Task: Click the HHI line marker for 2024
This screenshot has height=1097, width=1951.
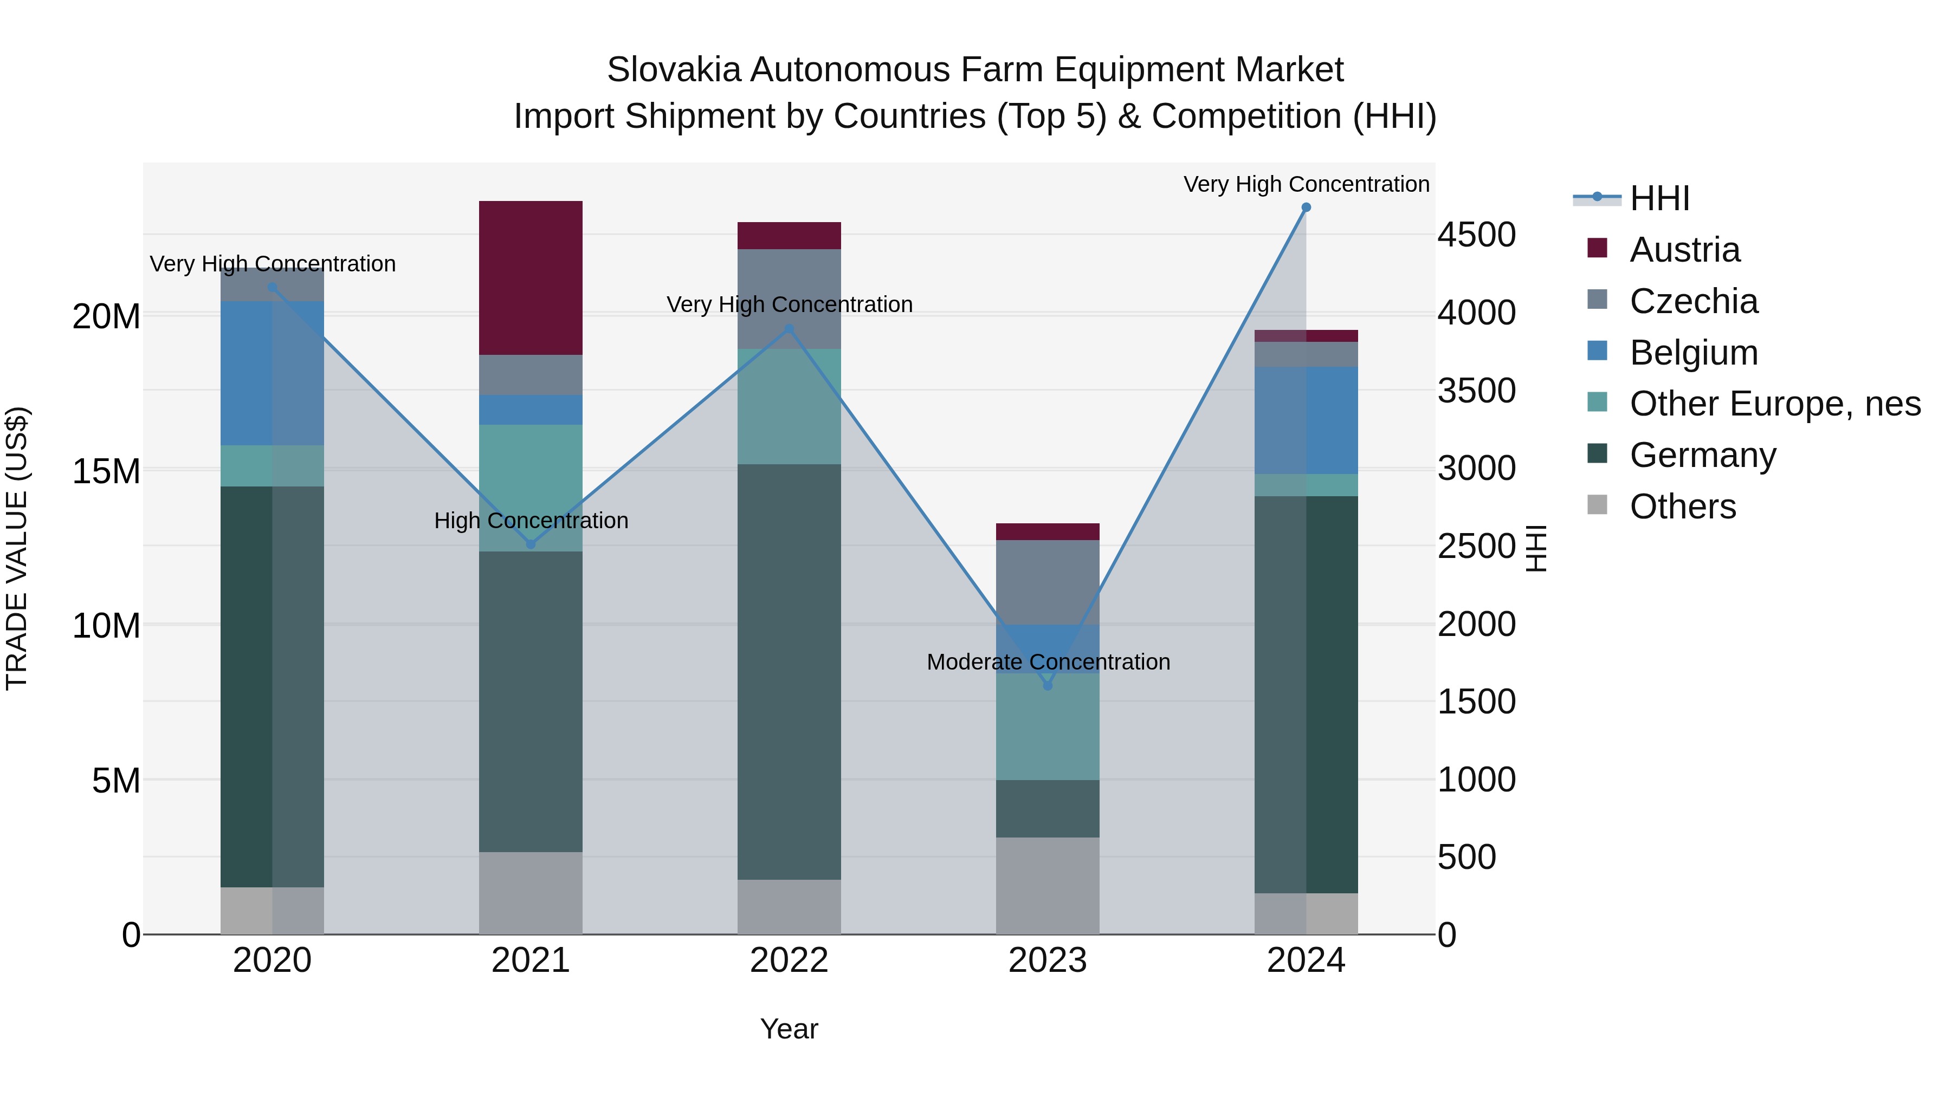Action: pyautogui.click(x=1306, y=207)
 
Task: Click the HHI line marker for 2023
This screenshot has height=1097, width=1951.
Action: pyautogui.click(x=1048, y=686)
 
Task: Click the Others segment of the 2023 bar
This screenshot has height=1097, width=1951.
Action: pyautogui.click(x=1048, y=885)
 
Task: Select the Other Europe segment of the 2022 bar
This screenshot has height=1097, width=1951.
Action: pyautogui.click(x=789, y=406)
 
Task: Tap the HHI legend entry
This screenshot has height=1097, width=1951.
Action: pyautogui.click(x=1659, y=198)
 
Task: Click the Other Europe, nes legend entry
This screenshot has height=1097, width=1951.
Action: pyautogui.click(x=1774, y=404)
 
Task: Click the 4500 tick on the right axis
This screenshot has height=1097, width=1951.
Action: pyautogui.click(x=1476, y=235)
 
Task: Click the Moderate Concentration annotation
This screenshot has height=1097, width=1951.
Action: pyautogui.click(x=1048, y=663)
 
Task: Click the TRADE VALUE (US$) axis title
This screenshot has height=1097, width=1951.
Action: pyautogui.click(x=17, y=548)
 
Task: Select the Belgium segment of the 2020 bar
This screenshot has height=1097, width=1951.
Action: pyautogui.click(x=272, y=373)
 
